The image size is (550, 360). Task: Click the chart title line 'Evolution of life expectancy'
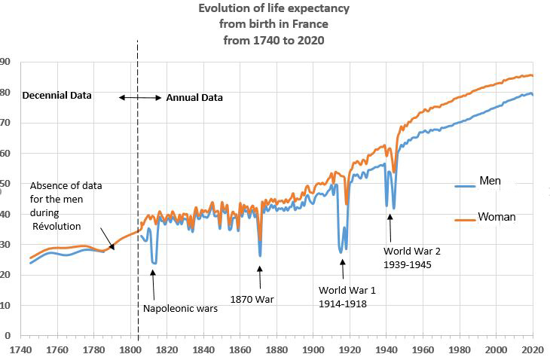[274, 9]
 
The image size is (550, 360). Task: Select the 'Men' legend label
[490, 182]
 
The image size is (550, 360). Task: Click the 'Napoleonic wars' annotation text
[180, 308]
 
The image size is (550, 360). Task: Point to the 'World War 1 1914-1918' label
[347, 297]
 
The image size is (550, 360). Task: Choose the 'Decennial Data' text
[57, 96]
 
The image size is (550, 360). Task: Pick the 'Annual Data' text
[194, 98]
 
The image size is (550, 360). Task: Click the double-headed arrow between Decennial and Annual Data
[139, 98]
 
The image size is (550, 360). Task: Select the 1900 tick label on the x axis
[313, 350]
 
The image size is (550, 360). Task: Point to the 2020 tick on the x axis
[532, 350]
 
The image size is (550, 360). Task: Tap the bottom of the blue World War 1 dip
[341, 252]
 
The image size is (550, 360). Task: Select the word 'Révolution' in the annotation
[57, 226]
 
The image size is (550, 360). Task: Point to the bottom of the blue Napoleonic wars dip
[154, 263]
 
